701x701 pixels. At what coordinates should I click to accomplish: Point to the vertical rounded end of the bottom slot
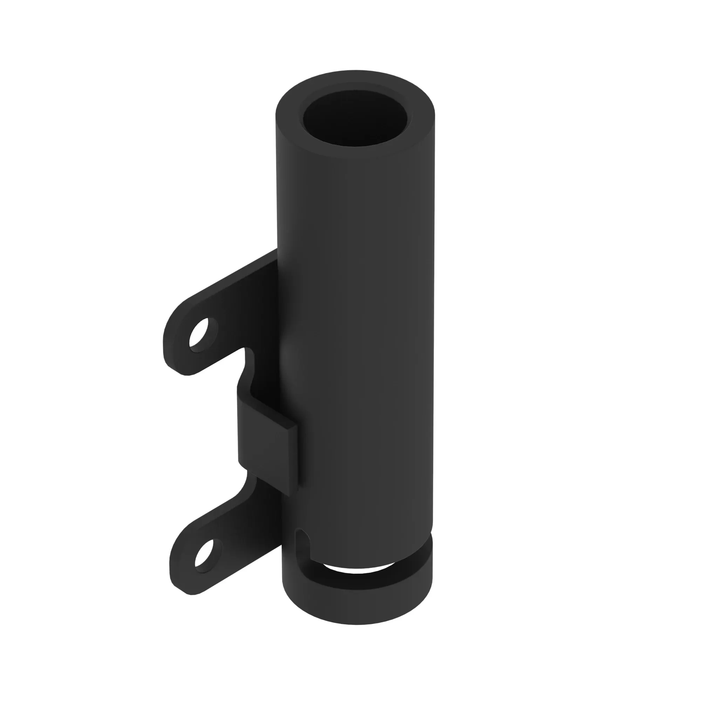303,544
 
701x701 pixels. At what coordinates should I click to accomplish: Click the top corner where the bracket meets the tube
277,250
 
